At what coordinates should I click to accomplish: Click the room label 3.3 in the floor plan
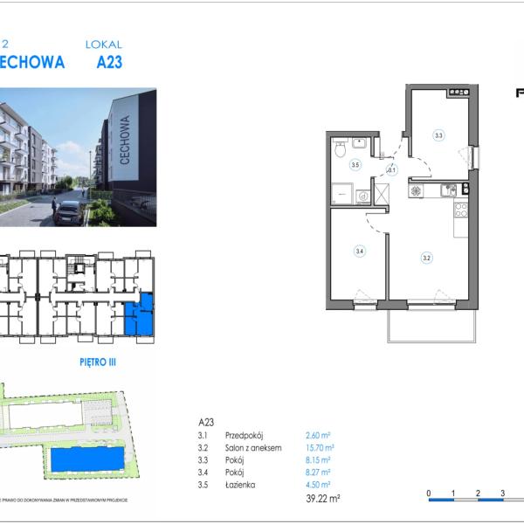coord(438,135)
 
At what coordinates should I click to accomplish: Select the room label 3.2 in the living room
coord(427,257)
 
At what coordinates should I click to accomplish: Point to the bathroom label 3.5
coord(355,164)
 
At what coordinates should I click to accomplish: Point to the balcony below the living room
coord(431,323)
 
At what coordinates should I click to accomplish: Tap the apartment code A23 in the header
coord(103,62)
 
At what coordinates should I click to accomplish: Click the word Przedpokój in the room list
coord(244,435)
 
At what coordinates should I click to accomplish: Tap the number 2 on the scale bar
coord(478,493)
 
